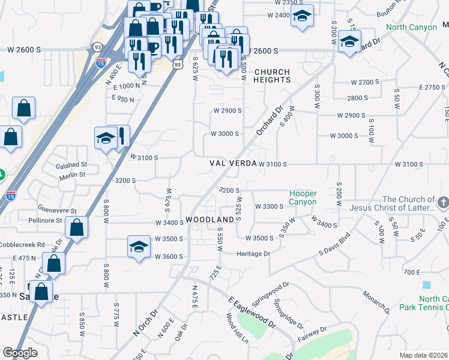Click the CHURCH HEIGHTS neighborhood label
click(x=272, y=76)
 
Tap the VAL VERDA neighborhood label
click(x=233, y=163)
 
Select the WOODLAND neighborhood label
click(x=209, y=220)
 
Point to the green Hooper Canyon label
click(x=303, y=197)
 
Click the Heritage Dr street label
click(x=253, y=254)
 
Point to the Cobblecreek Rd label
click(x=24, y=245)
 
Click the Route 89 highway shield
click(x=178, y=64)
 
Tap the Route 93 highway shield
click(x=97, y=46)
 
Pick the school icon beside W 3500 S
click(x=139, y=247)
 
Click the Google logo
click(x=20, y=353)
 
